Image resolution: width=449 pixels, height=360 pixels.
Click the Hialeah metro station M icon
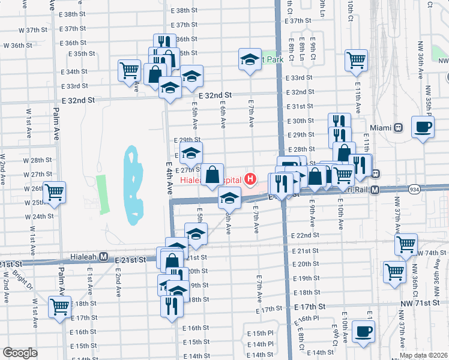point(103,257)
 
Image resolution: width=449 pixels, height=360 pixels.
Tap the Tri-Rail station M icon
point(375,190)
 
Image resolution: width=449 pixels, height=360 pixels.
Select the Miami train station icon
point(397,128)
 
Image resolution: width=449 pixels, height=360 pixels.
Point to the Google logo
point(20,353)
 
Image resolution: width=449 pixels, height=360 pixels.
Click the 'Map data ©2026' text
point(423,355)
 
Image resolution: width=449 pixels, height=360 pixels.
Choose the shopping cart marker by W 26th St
point(54,193)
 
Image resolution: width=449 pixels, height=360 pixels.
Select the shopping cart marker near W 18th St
point(60,307)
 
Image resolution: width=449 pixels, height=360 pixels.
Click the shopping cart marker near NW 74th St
point(406,245)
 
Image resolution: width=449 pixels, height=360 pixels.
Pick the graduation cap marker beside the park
point(250,60)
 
